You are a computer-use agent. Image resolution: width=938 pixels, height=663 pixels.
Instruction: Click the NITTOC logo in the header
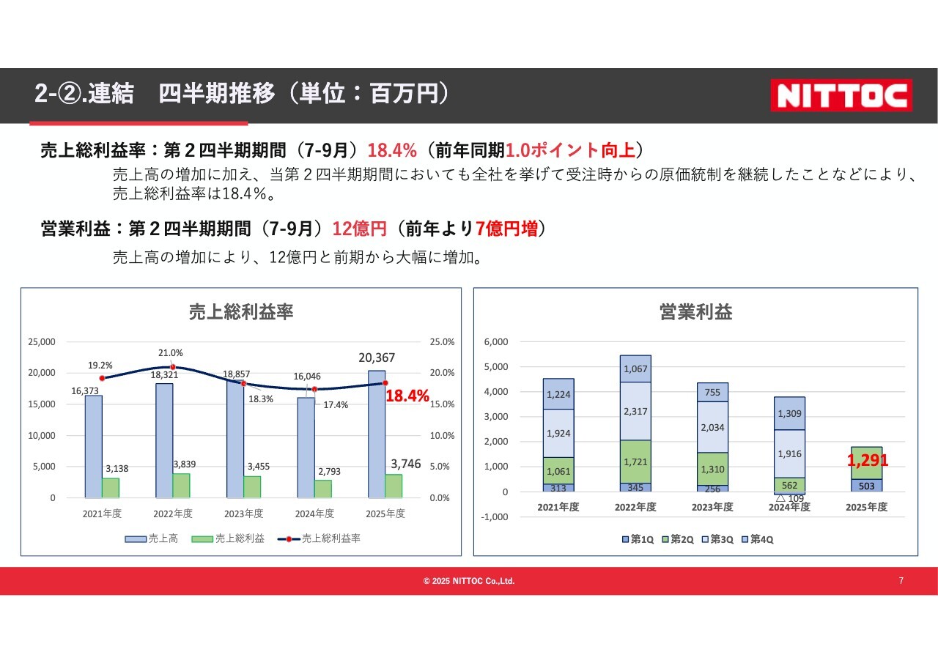coord(841,95)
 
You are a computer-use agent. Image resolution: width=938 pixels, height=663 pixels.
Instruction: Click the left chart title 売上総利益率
coord(241,311)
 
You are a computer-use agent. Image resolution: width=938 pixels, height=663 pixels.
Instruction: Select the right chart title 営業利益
coord(695,312)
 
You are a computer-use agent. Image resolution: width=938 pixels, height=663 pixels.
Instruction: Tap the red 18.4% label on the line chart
coord(407,396)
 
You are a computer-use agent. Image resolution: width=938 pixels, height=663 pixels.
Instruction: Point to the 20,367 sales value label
coord(377,358)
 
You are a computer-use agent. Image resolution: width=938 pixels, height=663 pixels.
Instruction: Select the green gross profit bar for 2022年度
coord(180,485)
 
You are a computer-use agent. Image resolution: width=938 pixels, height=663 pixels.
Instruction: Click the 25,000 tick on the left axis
coord(41,341)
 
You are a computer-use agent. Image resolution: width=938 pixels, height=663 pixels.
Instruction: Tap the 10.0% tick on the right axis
coord(442,435)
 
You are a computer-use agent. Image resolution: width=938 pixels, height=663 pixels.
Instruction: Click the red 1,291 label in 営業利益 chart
coord(868,461)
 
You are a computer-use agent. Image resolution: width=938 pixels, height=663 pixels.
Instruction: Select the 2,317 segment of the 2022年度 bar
coord(635,412)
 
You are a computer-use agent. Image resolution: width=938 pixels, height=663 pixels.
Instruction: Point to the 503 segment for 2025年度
coord(866,486)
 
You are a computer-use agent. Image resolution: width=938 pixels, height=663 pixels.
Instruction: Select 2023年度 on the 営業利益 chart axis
coord(712,507)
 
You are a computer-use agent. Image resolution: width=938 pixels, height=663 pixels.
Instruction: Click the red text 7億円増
coord(506,229)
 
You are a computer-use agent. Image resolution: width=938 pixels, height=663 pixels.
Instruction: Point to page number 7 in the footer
coord(901,581)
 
